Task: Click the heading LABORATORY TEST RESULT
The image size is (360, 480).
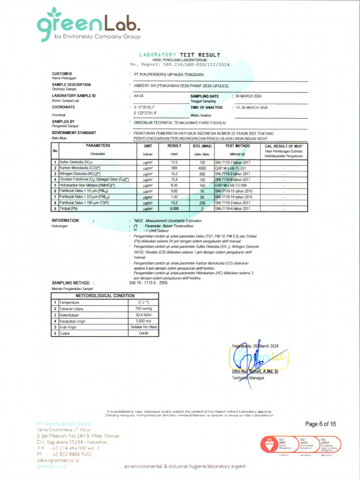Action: click(x=180, y=55)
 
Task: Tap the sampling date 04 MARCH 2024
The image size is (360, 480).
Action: click(x=248, y=96)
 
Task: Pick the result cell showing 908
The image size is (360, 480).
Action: click(x=174, y=168)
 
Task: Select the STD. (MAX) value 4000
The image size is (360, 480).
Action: click(x=202, y=168)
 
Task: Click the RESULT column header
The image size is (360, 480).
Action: click(x=174, y=146)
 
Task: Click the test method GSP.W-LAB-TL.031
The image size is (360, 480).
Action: click(x=231, y=168)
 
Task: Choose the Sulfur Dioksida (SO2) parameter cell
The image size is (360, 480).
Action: click(x=76, y=162)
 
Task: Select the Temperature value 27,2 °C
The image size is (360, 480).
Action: click(x=142, y=303)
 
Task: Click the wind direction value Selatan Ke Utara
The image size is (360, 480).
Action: click(x=142, y=327)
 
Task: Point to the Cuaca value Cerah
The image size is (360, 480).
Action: click(x=142, y=333)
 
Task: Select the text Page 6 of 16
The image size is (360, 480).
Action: click(x=321, y=424)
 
